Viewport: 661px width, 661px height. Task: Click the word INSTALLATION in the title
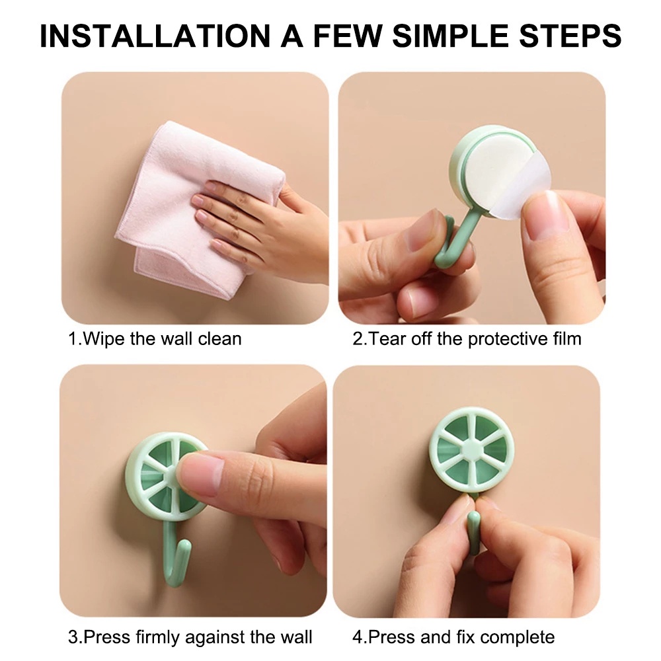coord(155,36)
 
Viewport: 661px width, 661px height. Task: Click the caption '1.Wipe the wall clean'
coord(155,339)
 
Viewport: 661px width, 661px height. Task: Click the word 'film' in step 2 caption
coord(566,339)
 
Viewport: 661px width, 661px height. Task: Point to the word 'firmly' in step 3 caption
coord(158,637)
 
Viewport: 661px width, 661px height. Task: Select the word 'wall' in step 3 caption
coord(295,637)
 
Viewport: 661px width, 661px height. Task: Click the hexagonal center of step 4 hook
coord(472,449)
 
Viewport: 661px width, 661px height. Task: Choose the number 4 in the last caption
coord(358,637)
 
